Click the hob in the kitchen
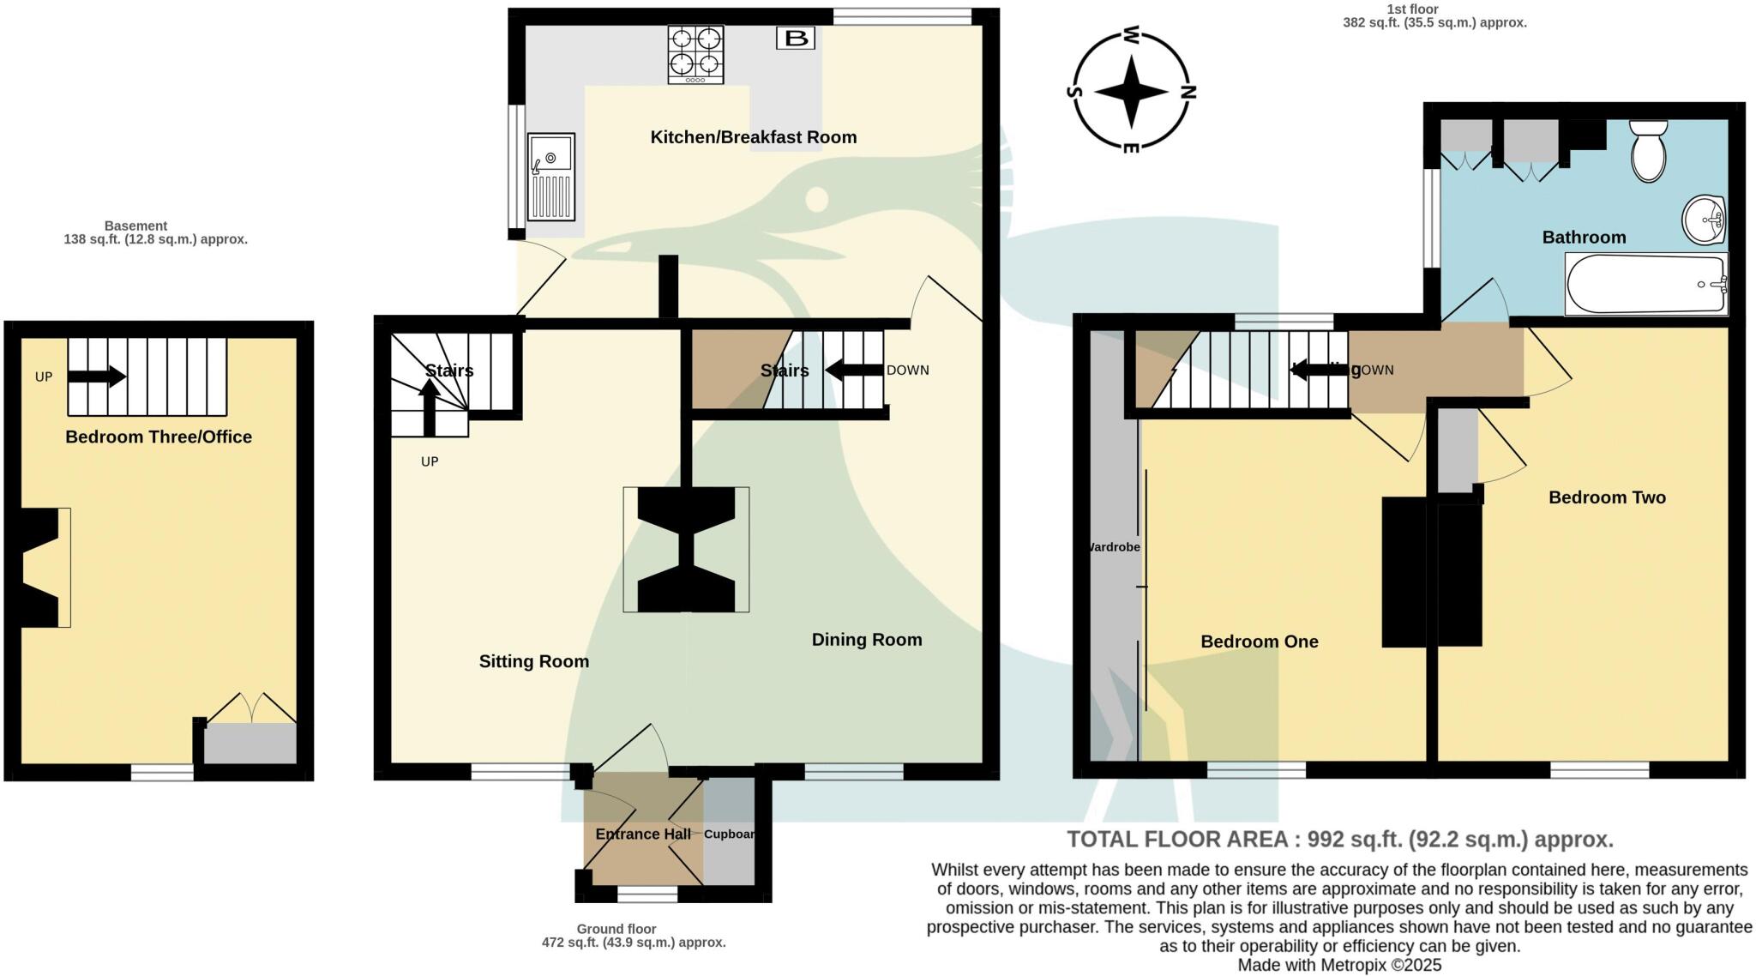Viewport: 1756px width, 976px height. click(695, 54)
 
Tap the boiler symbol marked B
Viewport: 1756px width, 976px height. click(796, 38)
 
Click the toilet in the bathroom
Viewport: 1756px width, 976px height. click(1648, 151)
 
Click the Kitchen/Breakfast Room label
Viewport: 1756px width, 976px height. click(753, 137)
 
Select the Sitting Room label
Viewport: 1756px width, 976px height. click(533, 661)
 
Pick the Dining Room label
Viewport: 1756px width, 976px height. click(866, 640)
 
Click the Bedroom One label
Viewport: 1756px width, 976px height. click(1259, 642)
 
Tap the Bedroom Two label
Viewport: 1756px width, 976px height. click(1607, 497)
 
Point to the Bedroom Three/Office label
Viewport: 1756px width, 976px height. click(159, 437)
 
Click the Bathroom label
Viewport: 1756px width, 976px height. click(1584, 238)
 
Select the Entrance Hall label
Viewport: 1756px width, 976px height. click(643, 834)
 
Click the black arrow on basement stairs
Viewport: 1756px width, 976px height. click(96, 377)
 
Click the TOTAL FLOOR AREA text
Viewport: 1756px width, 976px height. click(1339, 839)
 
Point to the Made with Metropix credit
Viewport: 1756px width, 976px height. click(1339, 965)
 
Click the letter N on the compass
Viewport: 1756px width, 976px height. click(1188, 92)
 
